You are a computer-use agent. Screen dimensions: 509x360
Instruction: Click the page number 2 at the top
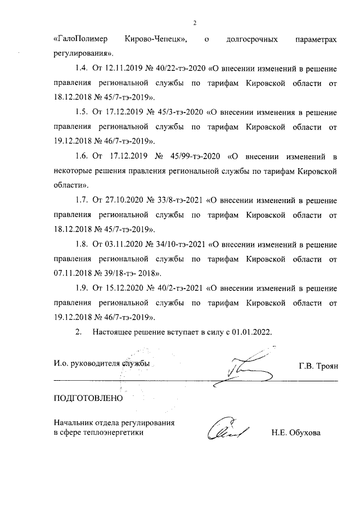[193, 23]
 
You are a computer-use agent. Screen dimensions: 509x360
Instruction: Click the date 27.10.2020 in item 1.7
[124, 200]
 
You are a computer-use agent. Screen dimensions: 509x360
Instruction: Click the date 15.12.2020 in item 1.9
[124, 288]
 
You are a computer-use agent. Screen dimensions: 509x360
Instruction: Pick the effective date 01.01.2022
[253, 332]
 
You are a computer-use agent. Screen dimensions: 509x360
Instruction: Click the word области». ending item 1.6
[72, 185]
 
